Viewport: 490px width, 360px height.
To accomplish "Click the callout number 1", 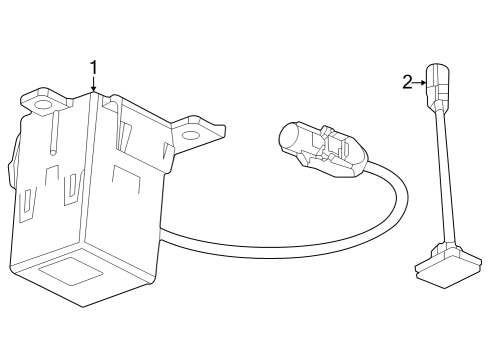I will (94, 68).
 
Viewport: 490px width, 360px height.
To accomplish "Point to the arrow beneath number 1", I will (94, 86).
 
